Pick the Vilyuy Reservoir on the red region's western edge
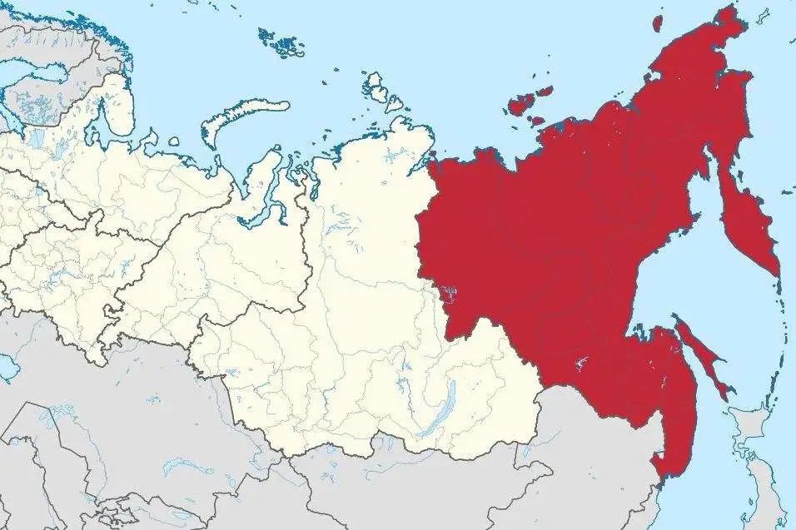coord(450,292)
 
